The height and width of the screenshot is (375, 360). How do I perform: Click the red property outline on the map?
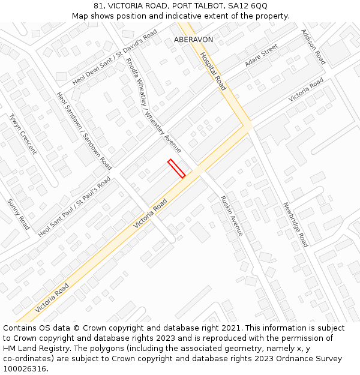(176, 169)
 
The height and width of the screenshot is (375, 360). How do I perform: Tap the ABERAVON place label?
(193, 39)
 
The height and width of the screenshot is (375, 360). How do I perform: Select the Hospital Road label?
(213, 71)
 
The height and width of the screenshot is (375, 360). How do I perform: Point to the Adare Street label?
(261, 55)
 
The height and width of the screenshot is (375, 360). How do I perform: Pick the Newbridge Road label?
(295, 224)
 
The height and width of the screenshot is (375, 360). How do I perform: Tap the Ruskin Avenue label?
(231, 215)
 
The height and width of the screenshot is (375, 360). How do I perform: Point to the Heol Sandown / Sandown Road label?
(84, 130)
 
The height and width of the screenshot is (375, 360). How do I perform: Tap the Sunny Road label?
(18, 215)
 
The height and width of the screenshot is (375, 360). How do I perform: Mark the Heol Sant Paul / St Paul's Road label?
(74, 207)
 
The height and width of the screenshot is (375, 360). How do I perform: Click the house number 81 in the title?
(98, 5)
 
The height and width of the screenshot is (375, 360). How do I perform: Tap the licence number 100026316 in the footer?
(25, 369)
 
